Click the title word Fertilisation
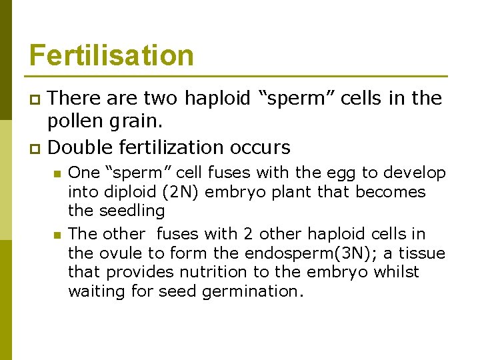111,55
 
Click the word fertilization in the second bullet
183,147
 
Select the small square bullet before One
57,173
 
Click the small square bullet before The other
57,235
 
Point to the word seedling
132,211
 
